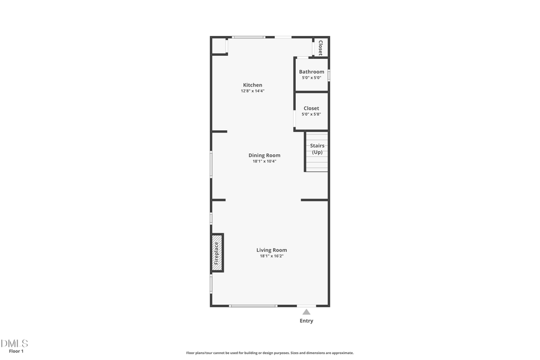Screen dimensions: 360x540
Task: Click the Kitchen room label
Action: [252, 85]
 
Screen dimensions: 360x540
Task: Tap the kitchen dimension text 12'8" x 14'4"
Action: [252, 91]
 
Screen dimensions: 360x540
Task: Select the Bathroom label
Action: [311, 72]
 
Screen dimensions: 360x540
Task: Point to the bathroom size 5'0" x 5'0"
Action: [311, 77]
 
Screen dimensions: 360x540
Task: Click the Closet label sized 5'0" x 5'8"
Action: [311, 109]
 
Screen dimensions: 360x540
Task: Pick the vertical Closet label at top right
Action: [320, 47]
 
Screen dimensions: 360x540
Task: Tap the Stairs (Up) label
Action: [317, 149]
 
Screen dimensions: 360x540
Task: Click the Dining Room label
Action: [265, 155]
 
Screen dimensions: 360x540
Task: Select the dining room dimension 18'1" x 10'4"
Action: [265, 161]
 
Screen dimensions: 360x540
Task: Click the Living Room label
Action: [272, 250]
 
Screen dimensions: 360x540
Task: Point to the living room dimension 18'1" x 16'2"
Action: [272, 256]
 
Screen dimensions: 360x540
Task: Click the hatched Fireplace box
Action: [217, 253]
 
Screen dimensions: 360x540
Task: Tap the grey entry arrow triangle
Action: [307, 311]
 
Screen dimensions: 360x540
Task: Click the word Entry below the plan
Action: [307, 321]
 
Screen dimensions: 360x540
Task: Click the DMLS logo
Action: [14, 343]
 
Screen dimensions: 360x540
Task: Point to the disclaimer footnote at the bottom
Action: [269, 353]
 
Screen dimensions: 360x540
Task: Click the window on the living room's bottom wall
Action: [253, 306]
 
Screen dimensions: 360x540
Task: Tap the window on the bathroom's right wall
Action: [329, 75]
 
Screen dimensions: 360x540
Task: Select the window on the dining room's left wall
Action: [211, 164]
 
